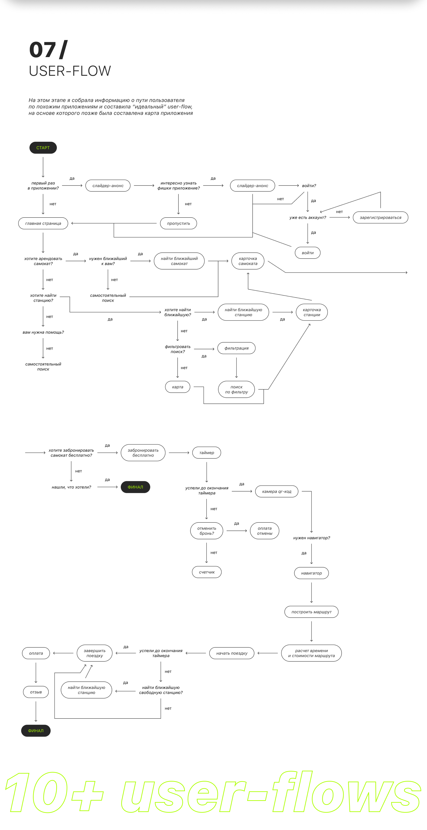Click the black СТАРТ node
pos(43,148)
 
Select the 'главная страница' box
pos(43,223)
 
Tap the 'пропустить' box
pos(178,223)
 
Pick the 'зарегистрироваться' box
pos(380,217)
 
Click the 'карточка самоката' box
pos(248,261)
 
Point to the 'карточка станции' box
pos(312,312)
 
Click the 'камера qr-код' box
pos(276,491)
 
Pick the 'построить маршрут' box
pos(311,612)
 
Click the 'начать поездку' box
pos(232,653)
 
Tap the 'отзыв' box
pos(36,692)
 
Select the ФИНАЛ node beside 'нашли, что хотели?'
pos(135,487)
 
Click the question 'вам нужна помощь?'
pos(43,332)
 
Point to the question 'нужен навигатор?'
pos(311,538)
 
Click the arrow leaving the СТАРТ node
pos(43,167)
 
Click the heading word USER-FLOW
pos(70,71)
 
